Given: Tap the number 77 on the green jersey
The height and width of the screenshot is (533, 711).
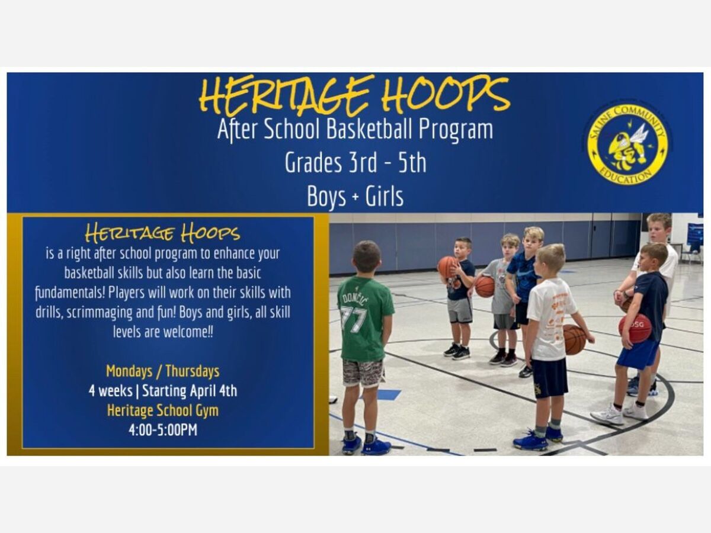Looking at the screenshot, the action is pos(354,319).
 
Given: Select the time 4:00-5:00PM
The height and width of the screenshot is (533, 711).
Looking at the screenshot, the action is pos(163,430).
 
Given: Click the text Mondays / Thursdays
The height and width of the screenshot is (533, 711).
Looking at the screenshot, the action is pos(163,371).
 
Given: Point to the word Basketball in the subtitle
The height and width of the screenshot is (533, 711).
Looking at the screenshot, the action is pos(370,129).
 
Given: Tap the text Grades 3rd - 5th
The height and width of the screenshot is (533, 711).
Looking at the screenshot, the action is pos(355,162).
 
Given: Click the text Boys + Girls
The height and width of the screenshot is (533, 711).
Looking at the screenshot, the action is pos(355,196).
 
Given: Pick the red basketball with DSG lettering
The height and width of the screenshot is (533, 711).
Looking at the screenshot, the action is pos(635,329).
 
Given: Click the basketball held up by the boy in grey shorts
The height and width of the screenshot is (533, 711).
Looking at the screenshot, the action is pos(447,267).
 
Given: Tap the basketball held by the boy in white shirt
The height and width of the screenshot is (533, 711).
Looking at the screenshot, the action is pos(574,339).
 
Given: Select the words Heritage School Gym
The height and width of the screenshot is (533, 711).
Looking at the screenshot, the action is pos(163,410).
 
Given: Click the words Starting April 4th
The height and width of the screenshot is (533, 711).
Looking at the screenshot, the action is pos(190,391).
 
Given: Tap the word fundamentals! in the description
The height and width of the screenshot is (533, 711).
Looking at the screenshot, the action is pos(71,293).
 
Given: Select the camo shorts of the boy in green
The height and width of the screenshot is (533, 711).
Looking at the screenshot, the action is pos(363,373).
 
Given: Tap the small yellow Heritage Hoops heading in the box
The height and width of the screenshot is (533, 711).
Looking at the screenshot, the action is pos(162,233).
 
